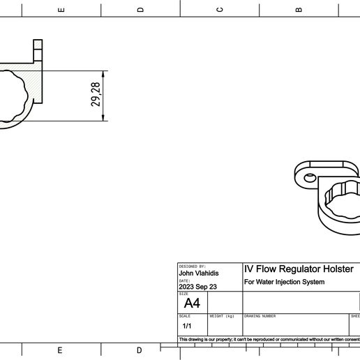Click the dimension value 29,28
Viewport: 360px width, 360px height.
[96, 95]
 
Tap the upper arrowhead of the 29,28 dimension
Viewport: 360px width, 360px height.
[103, 73]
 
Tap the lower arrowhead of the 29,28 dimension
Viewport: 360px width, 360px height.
[103, 118]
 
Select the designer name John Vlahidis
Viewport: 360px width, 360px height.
[199, 273]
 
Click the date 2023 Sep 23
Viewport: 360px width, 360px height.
[197, 287]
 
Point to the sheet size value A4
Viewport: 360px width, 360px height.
[191, 303]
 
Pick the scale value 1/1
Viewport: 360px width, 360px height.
[187, 326]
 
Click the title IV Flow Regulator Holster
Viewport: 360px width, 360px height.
[299, 269]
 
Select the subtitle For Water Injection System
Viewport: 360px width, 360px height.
[284, 283]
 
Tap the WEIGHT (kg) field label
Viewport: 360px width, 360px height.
[222, 316]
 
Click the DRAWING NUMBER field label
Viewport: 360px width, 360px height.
[260, 316]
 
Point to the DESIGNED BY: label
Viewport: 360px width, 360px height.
[193, 267]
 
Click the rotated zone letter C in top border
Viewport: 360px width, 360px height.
[220, 10]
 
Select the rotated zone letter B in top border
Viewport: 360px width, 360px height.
[299, 10]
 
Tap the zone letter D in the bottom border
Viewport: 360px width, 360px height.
[140, 350]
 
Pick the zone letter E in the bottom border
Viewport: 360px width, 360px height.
[60, 350]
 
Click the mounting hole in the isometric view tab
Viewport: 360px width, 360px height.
[309, 177]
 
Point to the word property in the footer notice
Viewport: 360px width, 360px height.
[221, 340]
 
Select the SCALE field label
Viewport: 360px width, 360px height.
[185, 316]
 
